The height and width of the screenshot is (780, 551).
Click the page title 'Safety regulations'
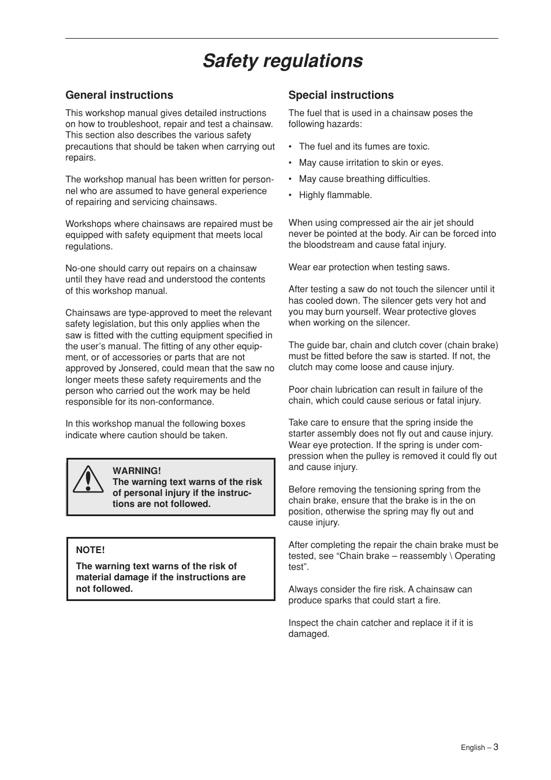(x=282, y=61)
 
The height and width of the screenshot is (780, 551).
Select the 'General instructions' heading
(x=119, y=95)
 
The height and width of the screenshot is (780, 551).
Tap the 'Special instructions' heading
(x=341, y=95)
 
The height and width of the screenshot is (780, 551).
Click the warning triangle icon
(x=88, y=480)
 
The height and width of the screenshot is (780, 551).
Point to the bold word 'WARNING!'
(x=136, y=471)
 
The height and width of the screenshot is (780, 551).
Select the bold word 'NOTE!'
(x=90, y=550)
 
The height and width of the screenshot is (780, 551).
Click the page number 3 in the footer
(x=496, y=747)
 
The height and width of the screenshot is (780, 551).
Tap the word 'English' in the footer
(x=472, y=748)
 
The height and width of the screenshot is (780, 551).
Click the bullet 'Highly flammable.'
(x=335, y=195)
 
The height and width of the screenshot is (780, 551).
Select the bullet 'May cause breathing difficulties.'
(x=364, y=179)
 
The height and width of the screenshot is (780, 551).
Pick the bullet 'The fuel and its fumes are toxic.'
(x=364, y=147)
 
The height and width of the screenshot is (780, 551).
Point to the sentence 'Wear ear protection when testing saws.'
(x=368, y=267)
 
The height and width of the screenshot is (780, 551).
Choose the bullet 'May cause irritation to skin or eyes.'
(x=371, y=163)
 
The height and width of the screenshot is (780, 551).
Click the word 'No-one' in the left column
(x=80, y=268)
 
